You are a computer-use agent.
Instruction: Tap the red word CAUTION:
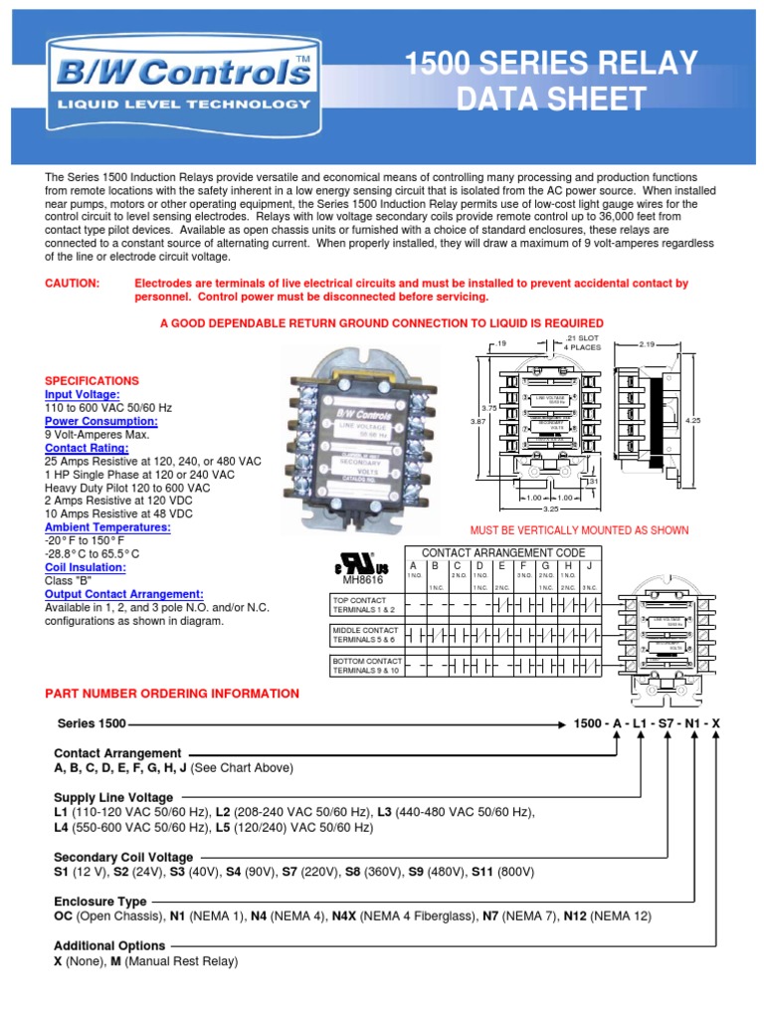click(73, 284)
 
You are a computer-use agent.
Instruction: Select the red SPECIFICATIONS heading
click(93, 381)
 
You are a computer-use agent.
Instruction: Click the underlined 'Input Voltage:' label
click(83, 395)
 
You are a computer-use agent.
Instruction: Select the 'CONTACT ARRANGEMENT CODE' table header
click(497, 552)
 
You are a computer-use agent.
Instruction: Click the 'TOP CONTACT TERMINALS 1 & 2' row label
click(365, 605)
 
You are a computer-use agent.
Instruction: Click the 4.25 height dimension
click(693, 420)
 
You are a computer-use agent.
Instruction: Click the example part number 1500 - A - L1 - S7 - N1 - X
click(649, 722)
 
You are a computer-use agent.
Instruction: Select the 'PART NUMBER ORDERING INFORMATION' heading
click(172, 694)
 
